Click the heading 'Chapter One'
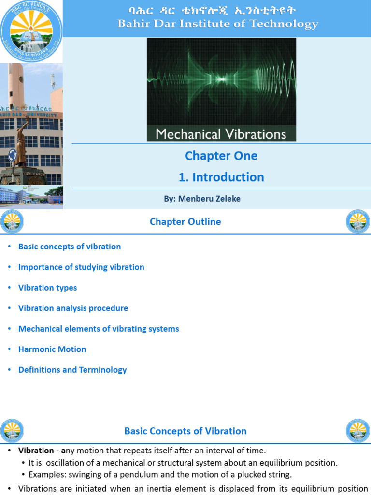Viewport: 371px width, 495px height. click(221, 156)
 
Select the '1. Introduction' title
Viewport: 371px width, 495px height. click(221, 177)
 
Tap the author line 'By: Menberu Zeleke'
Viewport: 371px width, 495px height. click(202, 199)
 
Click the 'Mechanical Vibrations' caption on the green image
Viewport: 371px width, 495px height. click(221, 133)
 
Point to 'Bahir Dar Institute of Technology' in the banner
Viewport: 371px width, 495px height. click(218, 24)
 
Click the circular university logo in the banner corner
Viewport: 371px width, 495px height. click(31, 30)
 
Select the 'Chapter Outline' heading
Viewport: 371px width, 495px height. click(185, 222)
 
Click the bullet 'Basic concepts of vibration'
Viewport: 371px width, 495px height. click(70, 247)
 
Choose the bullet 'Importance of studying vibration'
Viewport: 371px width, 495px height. click(81, 267)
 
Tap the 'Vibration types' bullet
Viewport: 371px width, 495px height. click(47, 288)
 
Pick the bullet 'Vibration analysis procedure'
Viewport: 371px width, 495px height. click(73, 308)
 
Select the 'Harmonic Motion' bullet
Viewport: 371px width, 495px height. click(52, 349)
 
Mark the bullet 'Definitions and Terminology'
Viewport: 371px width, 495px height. click(72, 370)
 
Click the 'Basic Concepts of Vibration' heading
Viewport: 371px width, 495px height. click(185, 431)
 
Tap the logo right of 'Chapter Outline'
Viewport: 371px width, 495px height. click(357, 222)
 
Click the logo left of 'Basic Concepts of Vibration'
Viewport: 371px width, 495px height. click(12, 431)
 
